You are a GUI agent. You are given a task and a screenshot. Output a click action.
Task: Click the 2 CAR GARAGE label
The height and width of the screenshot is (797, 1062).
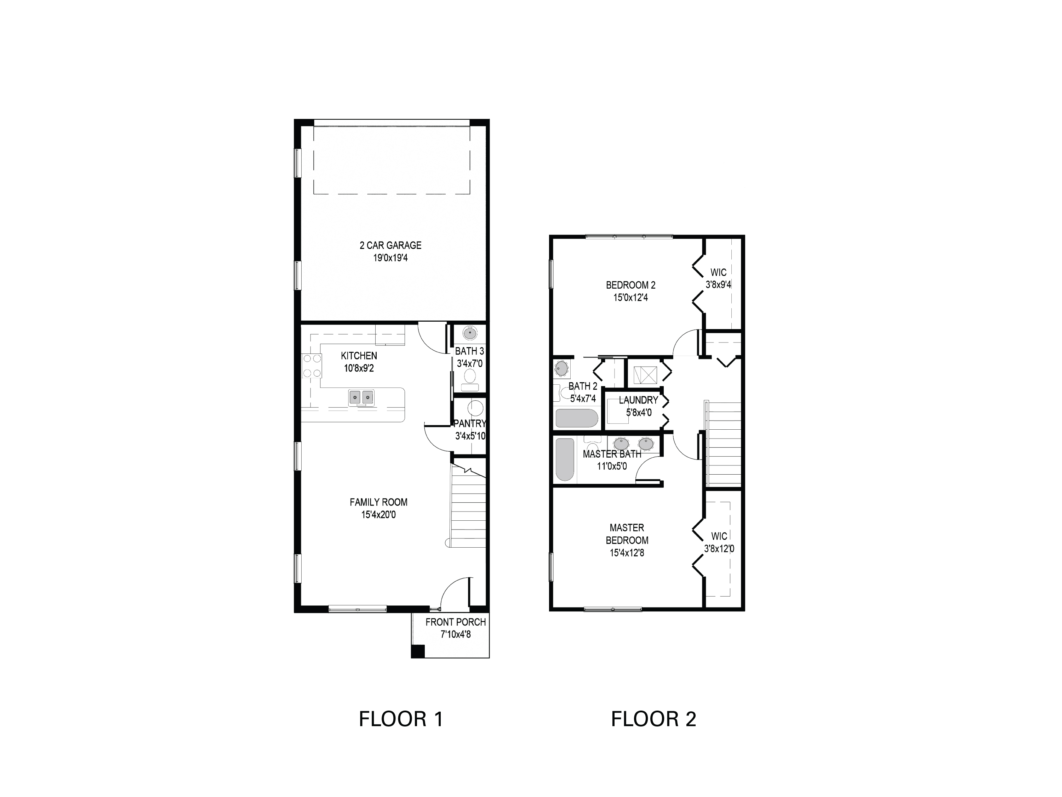click(x=390, y=245)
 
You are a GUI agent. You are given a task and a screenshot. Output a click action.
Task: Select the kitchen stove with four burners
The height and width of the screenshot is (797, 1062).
click(x=311, y=366)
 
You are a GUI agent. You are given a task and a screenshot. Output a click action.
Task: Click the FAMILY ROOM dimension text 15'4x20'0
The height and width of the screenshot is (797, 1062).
click(x=378, y=515)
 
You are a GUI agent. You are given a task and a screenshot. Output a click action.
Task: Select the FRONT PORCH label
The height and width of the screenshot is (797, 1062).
click(x=455, y=622)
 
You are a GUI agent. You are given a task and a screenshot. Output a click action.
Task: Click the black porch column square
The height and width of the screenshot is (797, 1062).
click(x=418, y=651)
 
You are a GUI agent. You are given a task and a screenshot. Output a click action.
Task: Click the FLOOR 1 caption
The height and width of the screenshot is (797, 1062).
click(x=401, y=719)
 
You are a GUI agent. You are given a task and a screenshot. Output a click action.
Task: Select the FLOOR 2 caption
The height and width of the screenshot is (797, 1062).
click(x=653, y=719)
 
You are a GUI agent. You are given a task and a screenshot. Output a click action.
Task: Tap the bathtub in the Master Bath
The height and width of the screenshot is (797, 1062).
click(x=565, y=459)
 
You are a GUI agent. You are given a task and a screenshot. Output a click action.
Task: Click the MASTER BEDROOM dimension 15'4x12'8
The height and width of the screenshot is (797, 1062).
click(x=627, y=553)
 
